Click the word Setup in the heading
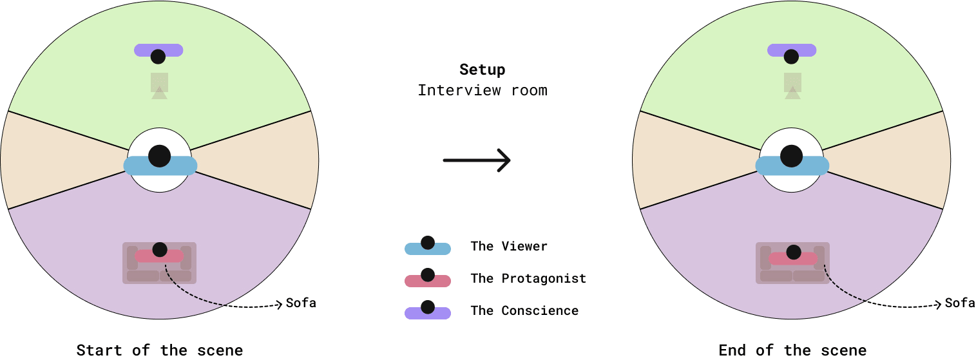tap(482, 70)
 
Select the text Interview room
tap(482, 90)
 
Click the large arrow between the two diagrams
tap(477, 160)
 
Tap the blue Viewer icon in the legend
tap(427, 247)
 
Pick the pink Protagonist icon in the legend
tap(427, 279)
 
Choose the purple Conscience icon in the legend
tap(427, 311)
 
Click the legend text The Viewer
tap(509, 246)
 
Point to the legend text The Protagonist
tap(528, 278)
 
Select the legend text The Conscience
tap(524, 310)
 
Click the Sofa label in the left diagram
tap(301, 303)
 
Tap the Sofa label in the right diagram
tap(960, 303)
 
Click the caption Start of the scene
tap(160, 350)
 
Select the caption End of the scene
tap(792, 350)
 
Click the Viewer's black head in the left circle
tap(159, 155)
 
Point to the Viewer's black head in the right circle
tap(791, 155)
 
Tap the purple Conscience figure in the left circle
tap(158, 51)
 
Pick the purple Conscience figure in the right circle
tap(792, 51)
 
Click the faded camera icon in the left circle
tap(159, 85)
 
